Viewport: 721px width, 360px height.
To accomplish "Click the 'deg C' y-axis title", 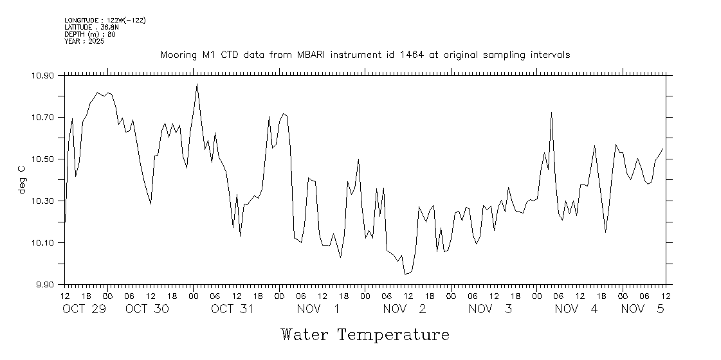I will (x=23, y=179).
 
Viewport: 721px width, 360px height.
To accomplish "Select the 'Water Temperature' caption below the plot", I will (x=365, y=335).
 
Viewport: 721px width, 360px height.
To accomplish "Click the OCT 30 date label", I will (x=147, y=309).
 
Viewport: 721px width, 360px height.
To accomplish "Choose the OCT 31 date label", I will (x=233, y=309).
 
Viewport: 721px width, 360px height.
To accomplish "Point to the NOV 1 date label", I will (x=318, y=309).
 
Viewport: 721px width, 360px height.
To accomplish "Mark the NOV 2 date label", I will (x=405, y=309).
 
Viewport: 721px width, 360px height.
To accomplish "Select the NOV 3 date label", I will (x=490, y=309).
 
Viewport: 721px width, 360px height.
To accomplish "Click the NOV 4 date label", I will (x=576, y=309).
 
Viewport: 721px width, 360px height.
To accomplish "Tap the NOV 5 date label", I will (x=642, y=309).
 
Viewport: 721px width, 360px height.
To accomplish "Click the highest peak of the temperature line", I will (x=197, y=84).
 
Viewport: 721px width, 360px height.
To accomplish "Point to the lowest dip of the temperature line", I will (x=405, y=274).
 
